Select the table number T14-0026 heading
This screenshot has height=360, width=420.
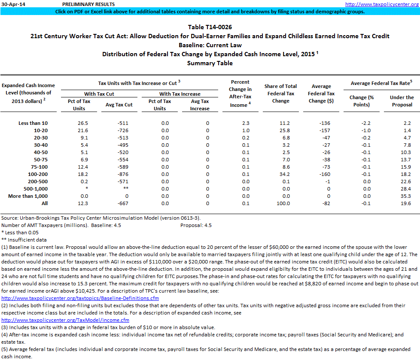210,27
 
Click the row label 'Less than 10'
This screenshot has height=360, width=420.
33,123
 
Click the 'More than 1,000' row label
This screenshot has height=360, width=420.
28,196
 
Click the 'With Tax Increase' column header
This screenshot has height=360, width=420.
180,94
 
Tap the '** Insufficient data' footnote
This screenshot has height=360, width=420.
24,240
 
